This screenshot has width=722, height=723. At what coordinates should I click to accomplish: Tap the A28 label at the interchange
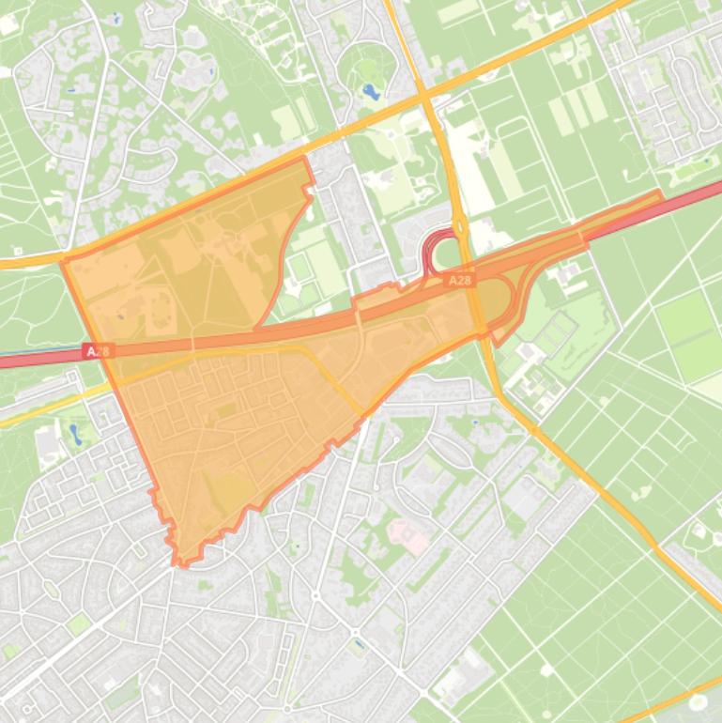pyautogui.click(x=459, y=280)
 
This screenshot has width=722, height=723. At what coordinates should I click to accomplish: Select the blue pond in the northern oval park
pyautogui.click(x=372, y=92)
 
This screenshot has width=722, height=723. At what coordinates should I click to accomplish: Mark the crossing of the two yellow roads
pyautogui.click(x=424, y=96)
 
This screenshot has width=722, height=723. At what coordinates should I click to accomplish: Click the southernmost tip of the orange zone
pyautogui.click(x=182, y=564)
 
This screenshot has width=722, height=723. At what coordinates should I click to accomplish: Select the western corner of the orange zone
pyautogui.click(x=64, y=259)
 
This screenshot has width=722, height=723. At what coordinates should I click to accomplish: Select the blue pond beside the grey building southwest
pyautogui.click(x=75, y=433)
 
